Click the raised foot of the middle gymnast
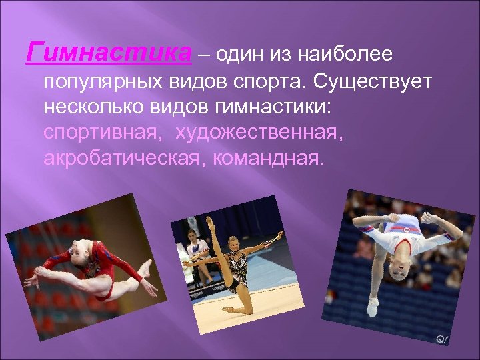point(211,220)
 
